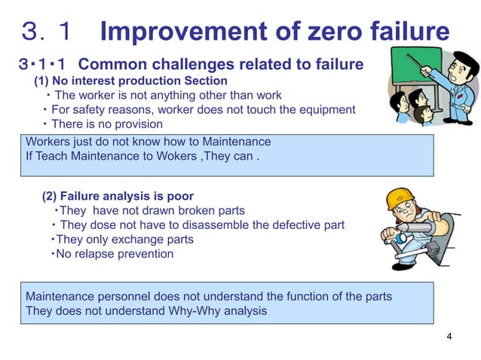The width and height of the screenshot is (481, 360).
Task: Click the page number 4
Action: pos(449,336)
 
